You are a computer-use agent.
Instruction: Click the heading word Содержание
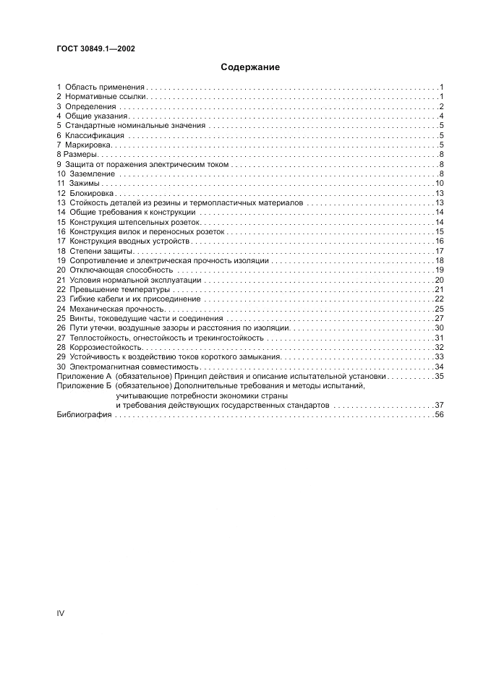250,67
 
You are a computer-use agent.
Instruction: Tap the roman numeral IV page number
61,613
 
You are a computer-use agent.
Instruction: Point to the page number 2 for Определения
440,106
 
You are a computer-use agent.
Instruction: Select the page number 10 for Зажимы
438,184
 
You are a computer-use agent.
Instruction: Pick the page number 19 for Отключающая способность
438,270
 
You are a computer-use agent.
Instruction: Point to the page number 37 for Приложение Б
438,406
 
